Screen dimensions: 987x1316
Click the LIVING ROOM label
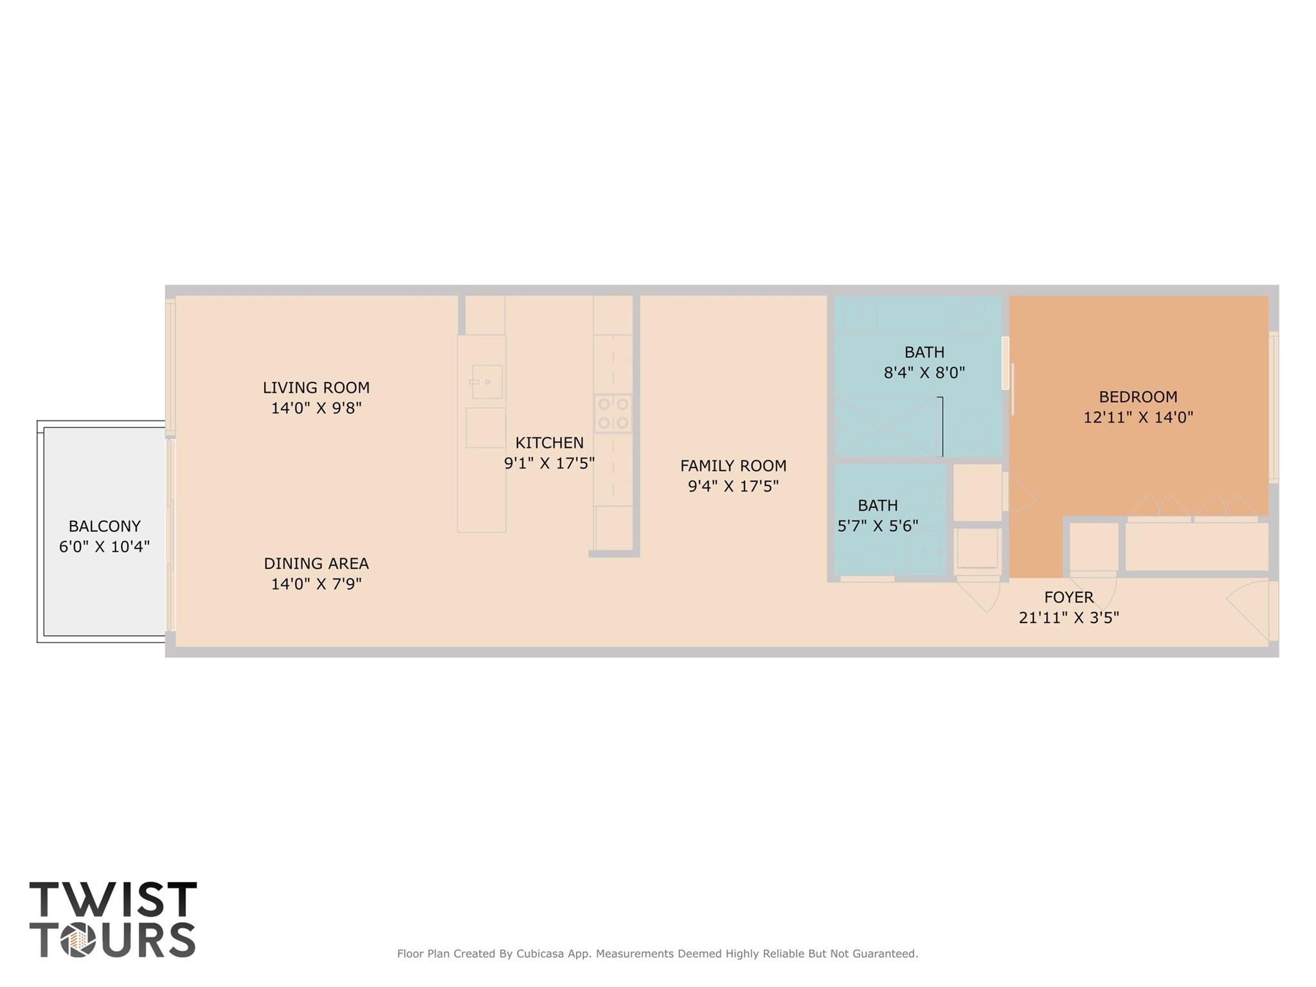tap(316, 388)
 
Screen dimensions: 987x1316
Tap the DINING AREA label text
tap(316, 564)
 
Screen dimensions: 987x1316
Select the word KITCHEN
tap(549, 443)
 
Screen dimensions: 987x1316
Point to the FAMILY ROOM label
tap(733, 466)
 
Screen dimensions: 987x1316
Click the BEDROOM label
tap(1137, 397)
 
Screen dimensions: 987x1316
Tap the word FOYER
tap(1068, 597)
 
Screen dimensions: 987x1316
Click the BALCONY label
tap(104, 526)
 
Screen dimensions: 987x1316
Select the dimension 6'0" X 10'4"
tap(104, 547)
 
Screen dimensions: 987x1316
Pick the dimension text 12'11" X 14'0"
tap(1137, 417)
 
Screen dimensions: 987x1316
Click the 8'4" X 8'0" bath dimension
tap(924, 372)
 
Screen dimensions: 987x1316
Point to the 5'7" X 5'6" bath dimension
tap(877, 526)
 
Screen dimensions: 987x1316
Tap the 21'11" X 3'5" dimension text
tap(1068, 618)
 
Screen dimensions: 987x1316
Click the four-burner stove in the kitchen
tap(613, 413)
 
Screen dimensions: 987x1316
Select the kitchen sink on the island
tap(487, 382)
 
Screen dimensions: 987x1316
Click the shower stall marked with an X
tap(887, 426)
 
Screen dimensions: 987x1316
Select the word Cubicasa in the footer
tap(541, 954)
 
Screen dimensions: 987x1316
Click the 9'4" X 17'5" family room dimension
tap(733, 486)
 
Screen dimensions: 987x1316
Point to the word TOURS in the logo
tap(113, 940)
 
